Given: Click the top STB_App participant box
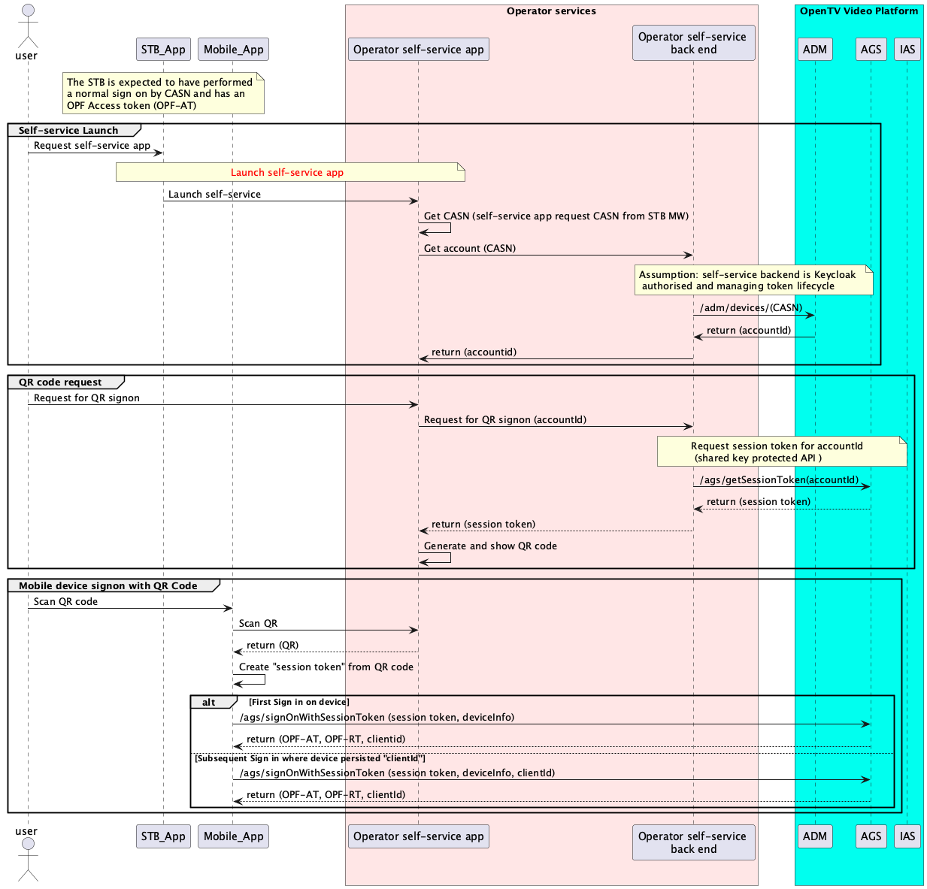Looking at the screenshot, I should pyautogui.click(x=163, y=50).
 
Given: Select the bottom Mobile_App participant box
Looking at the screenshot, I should pyautogui.click(x=233, y=836).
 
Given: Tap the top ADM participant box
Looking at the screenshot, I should pyautogui.click(x=814, y=50).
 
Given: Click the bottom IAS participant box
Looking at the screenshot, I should pyautogui.click(x=907, y=836).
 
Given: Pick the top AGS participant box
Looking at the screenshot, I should pyautogui.click(x=871, y=50).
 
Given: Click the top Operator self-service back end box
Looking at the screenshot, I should pyautogui.click(x=693, y=44).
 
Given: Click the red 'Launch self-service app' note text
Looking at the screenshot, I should pyautogui.click(x=286, y=173).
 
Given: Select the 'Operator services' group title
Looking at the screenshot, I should pyautogui.click(x=551, y=11).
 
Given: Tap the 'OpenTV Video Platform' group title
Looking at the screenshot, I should pyautogui.click(x=859, y=11).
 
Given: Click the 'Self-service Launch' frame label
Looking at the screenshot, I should pyautogui.click(x=68, y=131).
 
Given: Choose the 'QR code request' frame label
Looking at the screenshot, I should pyautogui.click(x=60, y=383).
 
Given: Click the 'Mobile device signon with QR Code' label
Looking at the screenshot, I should pyautogui.click(x=108, y=586).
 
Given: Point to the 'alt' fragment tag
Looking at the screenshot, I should pyautogui.click(x=209, y=703).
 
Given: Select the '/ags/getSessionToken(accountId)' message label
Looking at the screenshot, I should pyautogui.click(x=779, y=480).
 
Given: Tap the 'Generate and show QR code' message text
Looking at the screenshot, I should pyautogui.click(x=490, y=546).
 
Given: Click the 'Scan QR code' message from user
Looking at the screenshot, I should pyautogui.click(x=65, y=602).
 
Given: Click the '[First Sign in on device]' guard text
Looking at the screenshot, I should pyautogui.click(x=298, y=702).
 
